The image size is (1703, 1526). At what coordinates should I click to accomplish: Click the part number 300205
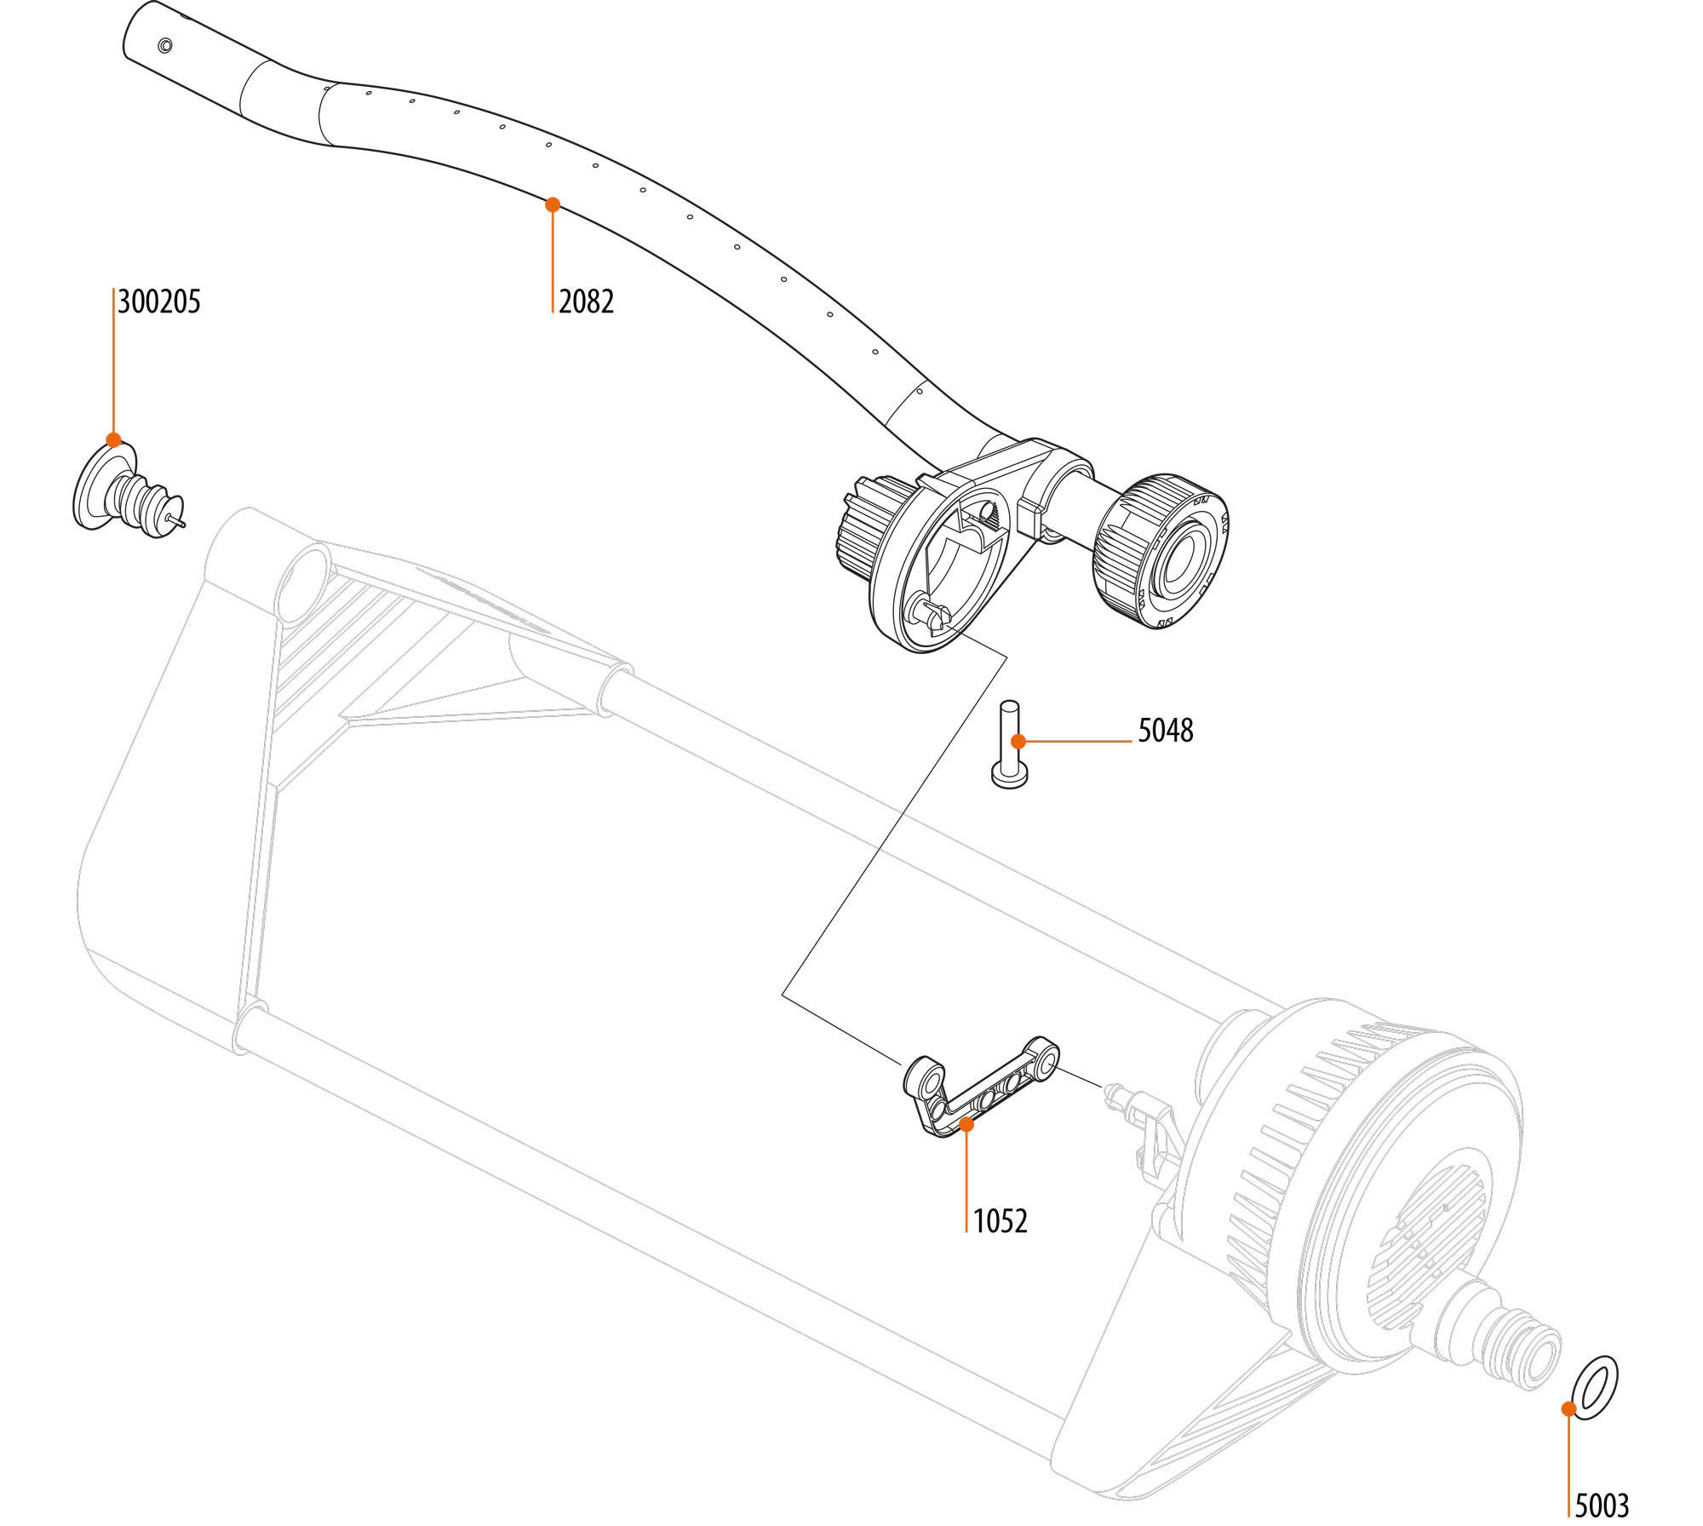coord(159,302)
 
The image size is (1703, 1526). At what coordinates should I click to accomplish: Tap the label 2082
coord(586,302)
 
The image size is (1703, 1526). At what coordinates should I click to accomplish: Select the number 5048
coord(1165,731)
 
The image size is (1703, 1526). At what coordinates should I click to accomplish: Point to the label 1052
coord(1000,1222)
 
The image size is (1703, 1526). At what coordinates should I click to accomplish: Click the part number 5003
coord(1601,1506)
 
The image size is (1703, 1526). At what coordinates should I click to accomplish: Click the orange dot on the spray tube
coord(553,204)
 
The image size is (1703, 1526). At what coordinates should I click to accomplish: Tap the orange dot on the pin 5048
coord(1018,742)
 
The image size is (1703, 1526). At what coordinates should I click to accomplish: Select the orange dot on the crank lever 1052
coord(966,1124)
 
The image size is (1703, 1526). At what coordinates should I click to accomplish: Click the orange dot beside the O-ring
coord(1568,1409)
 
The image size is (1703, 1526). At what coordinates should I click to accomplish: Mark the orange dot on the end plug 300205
coord(114,440)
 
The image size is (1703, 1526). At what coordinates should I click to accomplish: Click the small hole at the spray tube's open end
coord(165,45)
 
